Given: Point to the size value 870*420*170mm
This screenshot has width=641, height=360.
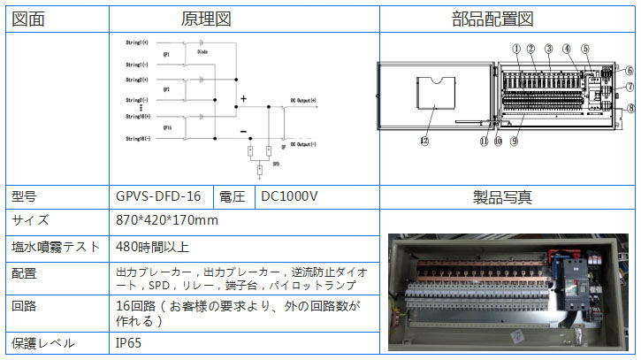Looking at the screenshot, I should coord(167,220).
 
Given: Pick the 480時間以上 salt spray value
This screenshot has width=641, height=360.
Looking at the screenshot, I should coord(152,247).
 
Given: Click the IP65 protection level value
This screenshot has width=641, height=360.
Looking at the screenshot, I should coord(128,343).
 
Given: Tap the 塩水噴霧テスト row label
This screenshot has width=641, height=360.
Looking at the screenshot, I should coord(53,247).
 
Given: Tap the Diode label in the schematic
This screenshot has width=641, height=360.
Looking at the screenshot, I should coord(202,52).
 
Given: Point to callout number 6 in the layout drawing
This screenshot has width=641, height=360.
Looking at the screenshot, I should coord(629,70).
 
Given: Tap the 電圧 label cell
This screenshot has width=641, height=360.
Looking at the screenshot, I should coord(234,196).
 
